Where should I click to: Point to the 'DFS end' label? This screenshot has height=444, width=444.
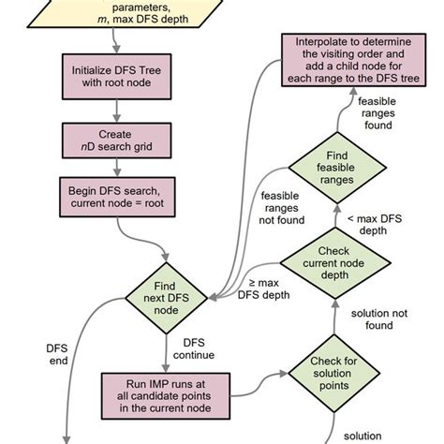(58, 353)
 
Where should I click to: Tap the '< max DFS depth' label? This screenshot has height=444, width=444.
(377, 223)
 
